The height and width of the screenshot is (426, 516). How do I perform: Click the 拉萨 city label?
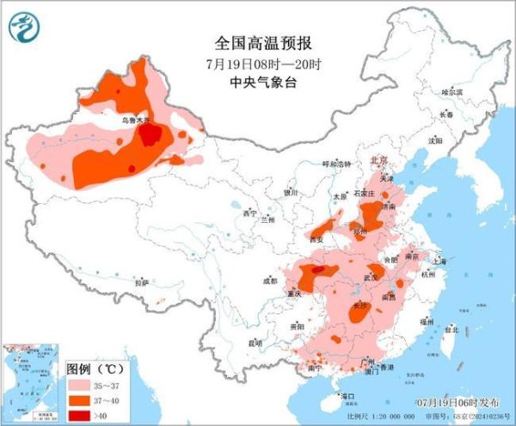click(142, 281)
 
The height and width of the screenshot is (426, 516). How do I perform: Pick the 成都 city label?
click(270, 281)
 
